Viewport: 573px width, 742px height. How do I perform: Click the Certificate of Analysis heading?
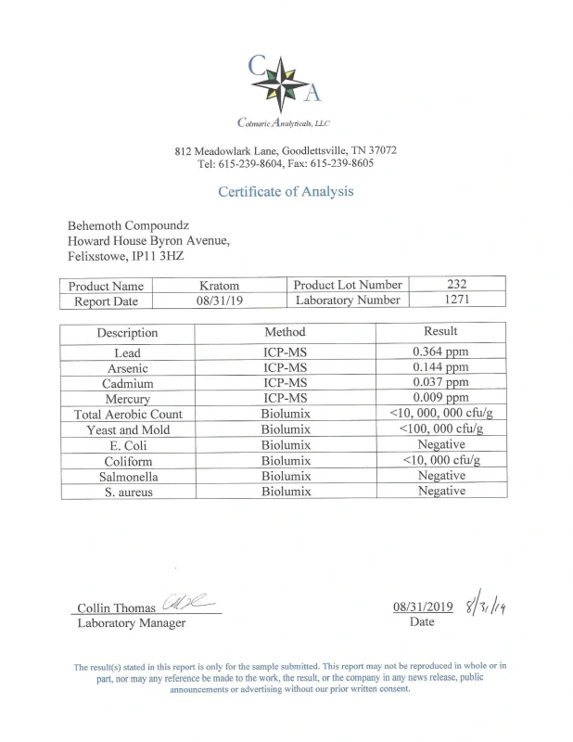click(x=286, y=192)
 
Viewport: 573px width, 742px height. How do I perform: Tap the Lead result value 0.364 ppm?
click(x=440, y=352)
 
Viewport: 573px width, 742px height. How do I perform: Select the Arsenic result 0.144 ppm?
click(x=440, y=367)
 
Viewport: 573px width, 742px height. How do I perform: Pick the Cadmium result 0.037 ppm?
click(x=440, y=383)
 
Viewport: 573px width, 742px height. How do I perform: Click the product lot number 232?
click(x=456, y=285)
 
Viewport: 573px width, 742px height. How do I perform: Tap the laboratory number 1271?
click(x=456, y=301)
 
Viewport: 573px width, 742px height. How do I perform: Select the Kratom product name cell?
click(x=219, y=286)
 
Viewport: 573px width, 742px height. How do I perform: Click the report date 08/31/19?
click(x=219, y=301)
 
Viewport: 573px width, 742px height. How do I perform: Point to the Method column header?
click(x=285, y=331)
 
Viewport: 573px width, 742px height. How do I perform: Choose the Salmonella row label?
click(x=128, y=476)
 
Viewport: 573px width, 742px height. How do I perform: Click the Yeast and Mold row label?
click(x=128, y=429)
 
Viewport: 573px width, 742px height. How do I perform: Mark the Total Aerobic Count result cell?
click(x=440, y=414)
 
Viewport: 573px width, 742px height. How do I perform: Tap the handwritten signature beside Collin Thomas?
click(x=186, y=603)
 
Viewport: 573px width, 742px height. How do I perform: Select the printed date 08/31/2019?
click(x=423, y=608)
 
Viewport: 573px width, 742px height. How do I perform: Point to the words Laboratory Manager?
click(x=131, y=623)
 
